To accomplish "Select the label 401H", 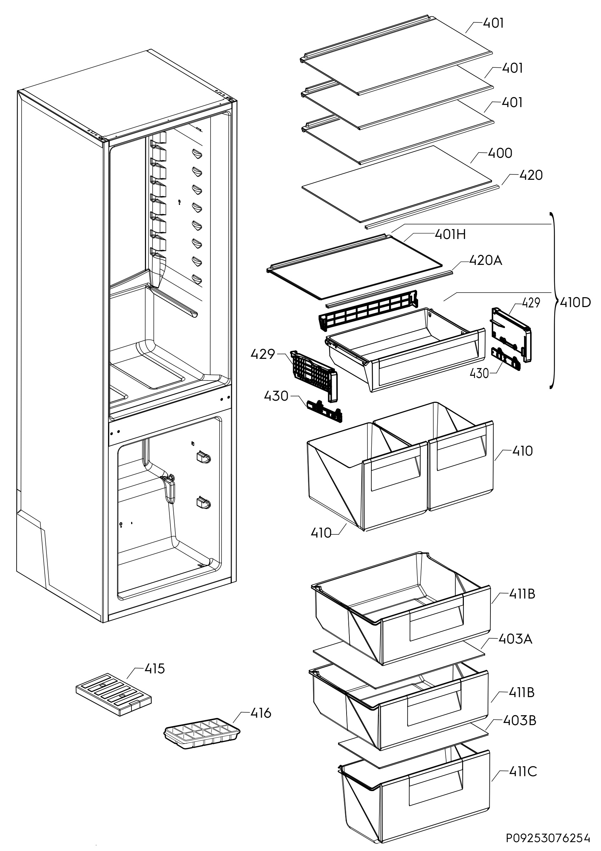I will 450,235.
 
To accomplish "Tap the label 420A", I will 485,261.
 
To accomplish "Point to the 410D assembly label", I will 575,303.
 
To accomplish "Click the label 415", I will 154,669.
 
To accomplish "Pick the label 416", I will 261,713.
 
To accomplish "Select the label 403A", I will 515,639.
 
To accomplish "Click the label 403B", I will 519,720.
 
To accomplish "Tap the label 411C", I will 522,771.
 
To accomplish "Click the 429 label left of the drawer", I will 263,354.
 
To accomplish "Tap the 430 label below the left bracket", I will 276,396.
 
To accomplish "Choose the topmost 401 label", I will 493,23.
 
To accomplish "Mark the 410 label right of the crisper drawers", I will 522,451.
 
